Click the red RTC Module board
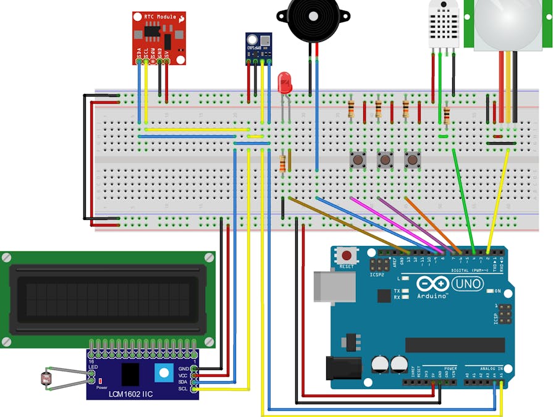point(158,37)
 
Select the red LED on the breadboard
point(285,83)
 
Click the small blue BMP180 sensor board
point(258,47)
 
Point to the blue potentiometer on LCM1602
point(163,373)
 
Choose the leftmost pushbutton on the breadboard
point(357,160)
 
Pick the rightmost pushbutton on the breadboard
point(412,160)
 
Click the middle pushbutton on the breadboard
point(385,160)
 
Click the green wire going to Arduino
point(463,198)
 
